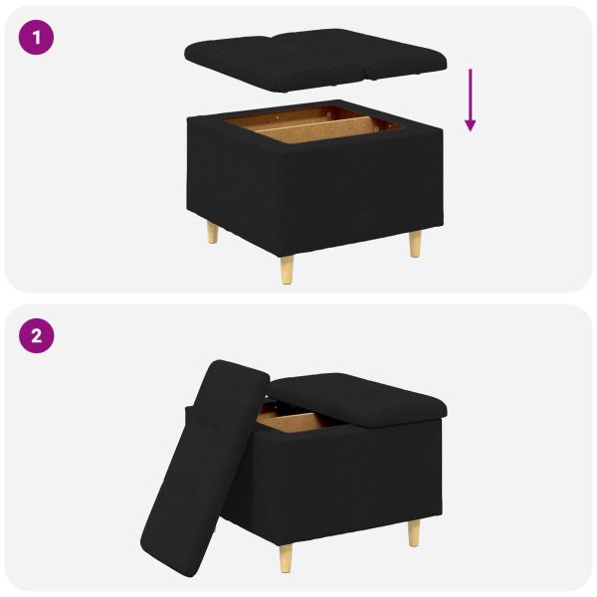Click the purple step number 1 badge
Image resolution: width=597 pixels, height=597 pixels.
pos(37,39)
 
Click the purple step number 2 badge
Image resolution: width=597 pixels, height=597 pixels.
pos(37,335)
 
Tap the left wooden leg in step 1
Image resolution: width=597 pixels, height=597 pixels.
pos(212,234)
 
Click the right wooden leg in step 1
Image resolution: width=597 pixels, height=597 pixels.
pos(414,243)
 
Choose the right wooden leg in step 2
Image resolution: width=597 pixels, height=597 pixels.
pos(413,533)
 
